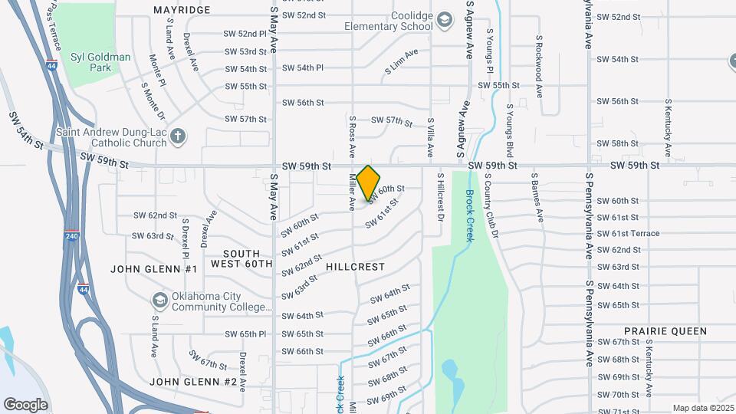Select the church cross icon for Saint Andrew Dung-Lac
pyautogui.click(x=178, y=136)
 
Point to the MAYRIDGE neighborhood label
pyautogui.click(x=182, y=10)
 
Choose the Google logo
pyautogui.click(x=25, y=404)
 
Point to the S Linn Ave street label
pyautogui.click(x=401, y=64)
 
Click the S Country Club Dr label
pyautogui.click(x=491, y=205)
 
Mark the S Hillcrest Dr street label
pyautogui.click(x=440, y=197)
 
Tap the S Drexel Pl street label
pyautogui.click(x=185, y=238)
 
